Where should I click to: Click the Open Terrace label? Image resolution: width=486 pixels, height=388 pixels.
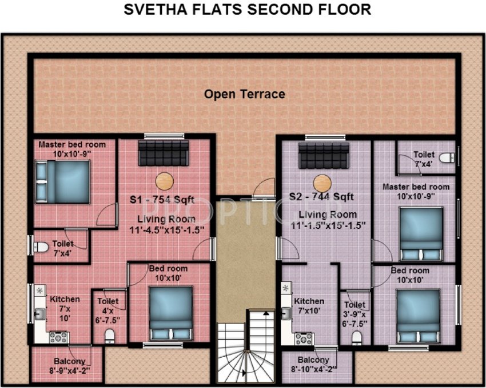tap(245, 94)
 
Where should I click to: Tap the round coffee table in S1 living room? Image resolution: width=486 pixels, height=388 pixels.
tap(164, 180)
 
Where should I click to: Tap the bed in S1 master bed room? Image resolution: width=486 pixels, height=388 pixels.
tap(63, 180)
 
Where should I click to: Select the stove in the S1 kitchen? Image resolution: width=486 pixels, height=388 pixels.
tap(58, 337)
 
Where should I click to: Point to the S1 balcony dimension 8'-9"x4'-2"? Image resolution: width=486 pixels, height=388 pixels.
tap(70, 370)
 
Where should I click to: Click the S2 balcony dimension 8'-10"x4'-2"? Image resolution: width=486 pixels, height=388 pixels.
tap(313, 369)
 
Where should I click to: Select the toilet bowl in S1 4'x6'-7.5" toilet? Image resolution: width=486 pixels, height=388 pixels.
tap(110, 333)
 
